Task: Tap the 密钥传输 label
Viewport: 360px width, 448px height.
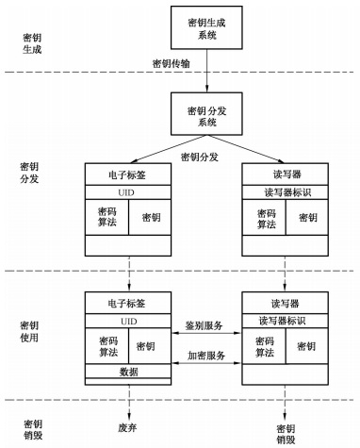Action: point(174,63)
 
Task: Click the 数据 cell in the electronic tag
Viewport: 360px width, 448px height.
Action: point(128,373)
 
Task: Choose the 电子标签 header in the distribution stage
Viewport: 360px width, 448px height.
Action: point(128,174)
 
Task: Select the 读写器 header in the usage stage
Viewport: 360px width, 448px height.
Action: point(286,305)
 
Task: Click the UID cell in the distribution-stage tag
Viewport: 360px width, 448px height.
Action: point(128,191)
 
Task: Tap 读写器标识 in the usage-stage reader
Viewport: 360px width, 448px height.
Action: point(286,321)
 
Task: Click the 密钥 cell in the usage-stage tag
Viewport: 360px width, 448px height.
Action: point(151,346)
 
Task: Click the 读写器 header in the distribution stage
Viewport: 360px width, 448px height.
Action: point(286,174)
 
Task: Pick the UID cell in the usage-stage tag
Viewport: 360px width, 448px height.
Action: point(128,321)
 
